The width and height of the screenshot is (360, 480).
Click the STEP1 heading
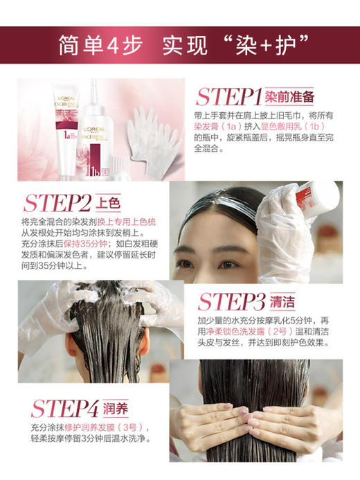pyautogui.click(x=228, y=96)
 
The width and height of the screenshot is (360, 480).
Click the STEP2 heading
pyautogui.click(x=57, y=203)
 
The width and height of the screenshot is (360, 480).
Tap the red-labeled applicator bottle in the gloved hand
pyautogui.click(x=316, y=197)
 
